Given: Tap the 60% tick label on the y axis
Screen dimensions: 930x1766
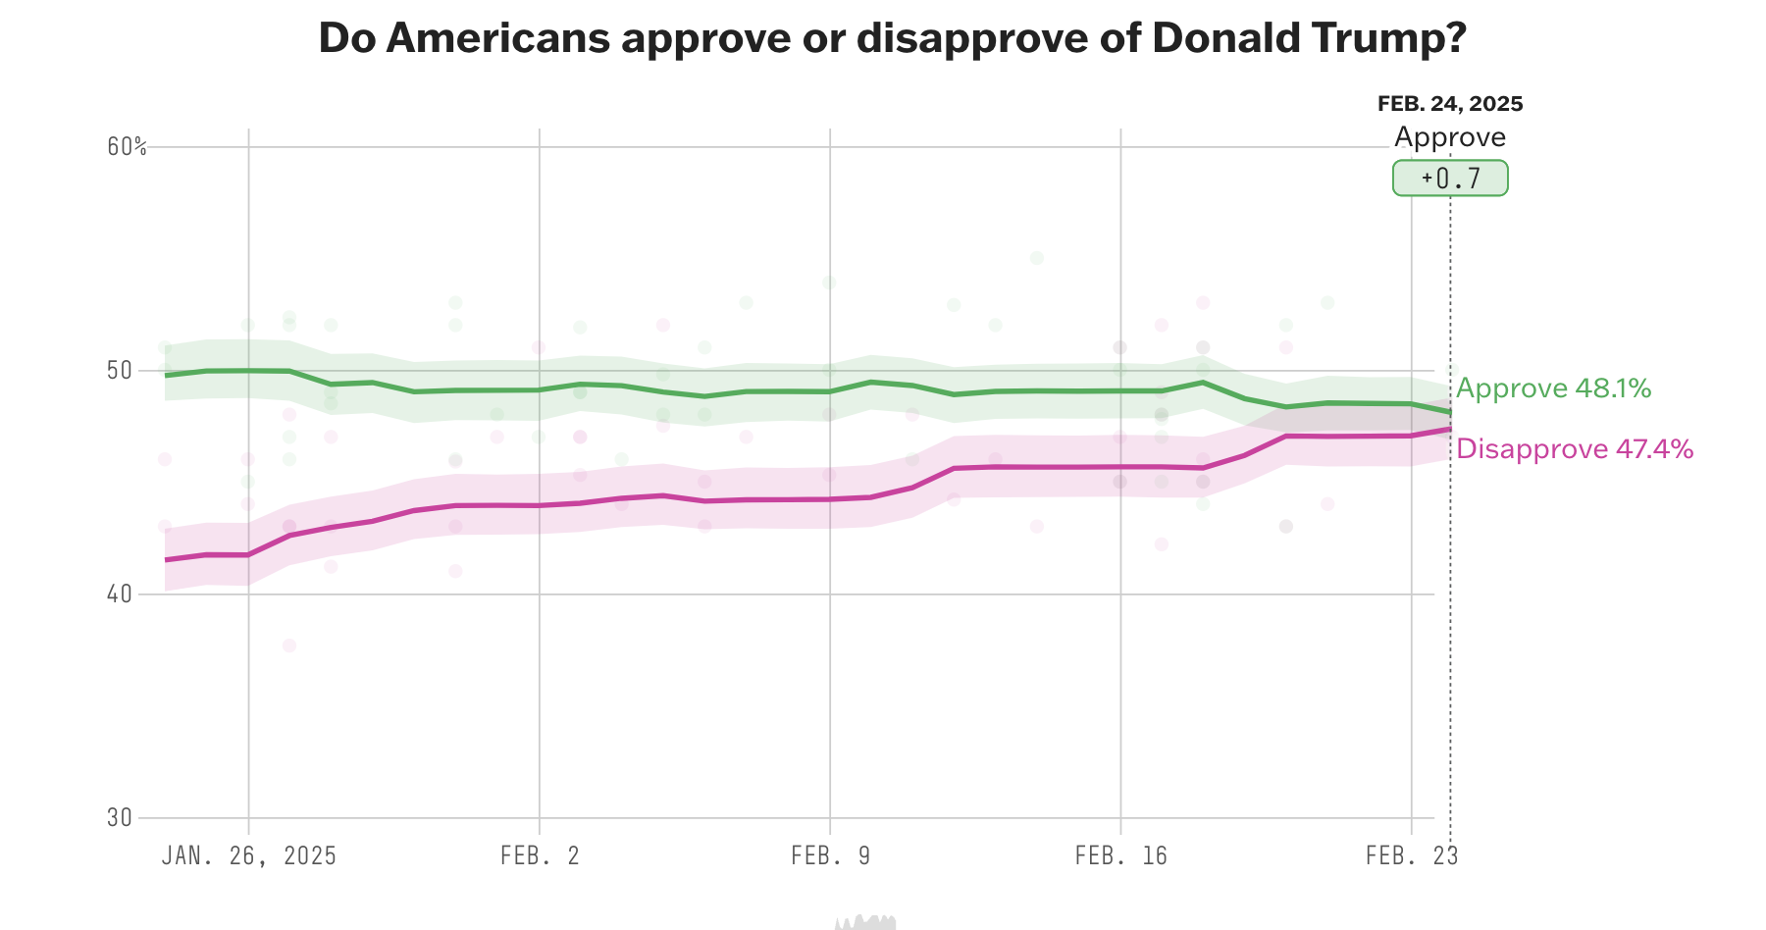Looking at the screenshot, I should coord(127,147).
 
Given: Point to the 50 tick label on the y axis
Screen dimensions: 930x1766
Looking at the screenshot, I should coord(119,371).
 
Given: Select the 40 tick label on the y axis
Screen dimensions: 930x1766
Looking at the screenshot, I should coord(119,594).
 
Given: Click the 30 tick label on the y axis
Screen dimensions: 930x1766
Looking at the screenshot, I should coord(119,817).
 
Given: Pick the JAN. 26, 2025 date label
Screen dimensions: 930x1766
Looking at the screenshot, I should coord(248,855).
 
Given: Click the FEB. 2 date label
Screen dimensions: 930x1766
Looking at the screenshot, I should coord(540,855).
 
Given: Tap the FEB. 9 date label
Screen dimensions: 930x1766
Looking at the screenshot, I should coord(830,855).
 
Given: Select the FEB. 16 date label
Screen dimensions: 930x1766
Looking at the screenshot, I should coord(1120,855).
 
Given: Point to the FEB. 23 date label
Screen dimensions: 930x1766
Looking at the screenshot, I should coord(1411,855).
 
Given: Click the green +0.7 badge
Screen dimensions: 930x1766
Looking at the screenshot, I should coord(1450,179).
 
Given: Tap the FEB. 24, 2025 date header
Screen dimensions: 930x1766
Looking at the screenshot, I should coord(1450,104).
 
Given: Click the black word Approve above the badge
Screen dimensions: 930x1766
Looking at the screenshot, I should coord(1450,137).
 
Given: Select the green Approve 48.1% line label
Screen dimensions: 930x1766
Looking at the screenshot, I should coord(1553,389).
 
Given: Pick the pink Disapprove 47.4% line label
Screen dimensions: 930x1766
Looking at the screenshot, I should coord(1575,449).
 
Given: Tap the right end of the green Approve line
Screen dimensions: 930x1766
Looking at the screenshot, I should coord(1449,411).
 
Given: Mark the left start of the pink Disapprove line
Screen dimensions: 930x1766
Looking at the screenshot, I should coord(167,559).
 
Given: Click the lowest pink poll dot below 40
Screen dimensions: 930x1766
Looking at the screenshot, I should coord(289,646).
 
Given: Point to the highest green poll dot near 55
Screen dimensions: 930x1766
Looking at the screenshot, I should coord(1037,258).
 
